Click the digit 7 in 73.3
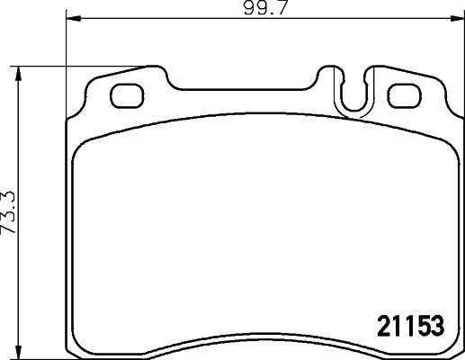click(8, 253)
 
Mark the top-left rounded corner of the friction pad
click(81, 147)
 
